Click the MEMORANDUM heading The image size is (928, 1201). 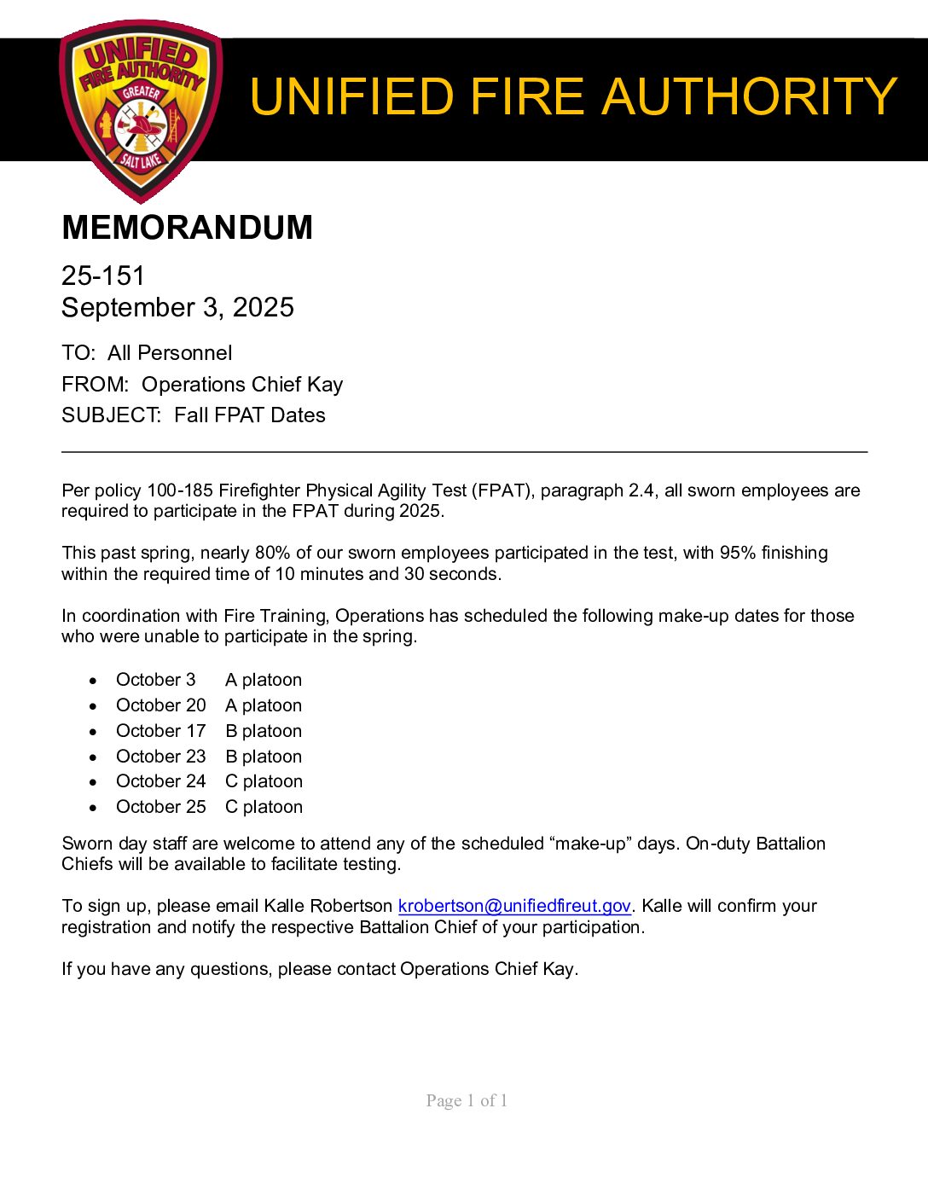(x=187, y=228)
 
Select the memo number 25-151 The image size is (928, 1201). (x=103, y=276)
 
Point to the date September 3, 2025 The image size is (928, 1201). (x=177, y=307)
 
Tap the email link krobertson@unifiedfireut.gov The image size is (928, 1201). (x=514, y=906)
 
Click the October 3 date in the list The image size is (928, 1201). (x=155, y=680)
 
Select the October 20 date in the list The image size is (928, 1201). (x=160, y=705)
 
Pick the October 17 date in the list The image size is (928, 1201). (x=160, y=731)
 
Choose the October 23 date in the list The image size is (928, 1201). (x=160, y=757)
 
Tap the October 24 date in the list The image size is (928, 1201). (x=160, y=781)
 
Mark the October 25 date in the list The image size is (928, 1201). (x=160, y=807)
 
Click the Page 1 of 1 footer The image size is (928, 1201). (x=467, y=1100)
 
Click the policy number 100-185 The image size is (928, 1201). (x=180, y=490)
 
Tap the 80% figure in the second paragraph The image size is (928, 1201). (x=272, y=553)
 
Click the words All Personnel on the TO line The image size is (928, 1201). (x=170, y=353)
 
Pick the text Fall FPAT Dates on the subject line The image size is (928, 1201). (x=250, y=415)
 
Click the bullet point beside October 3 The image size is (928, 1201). (x=93, y=681)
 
